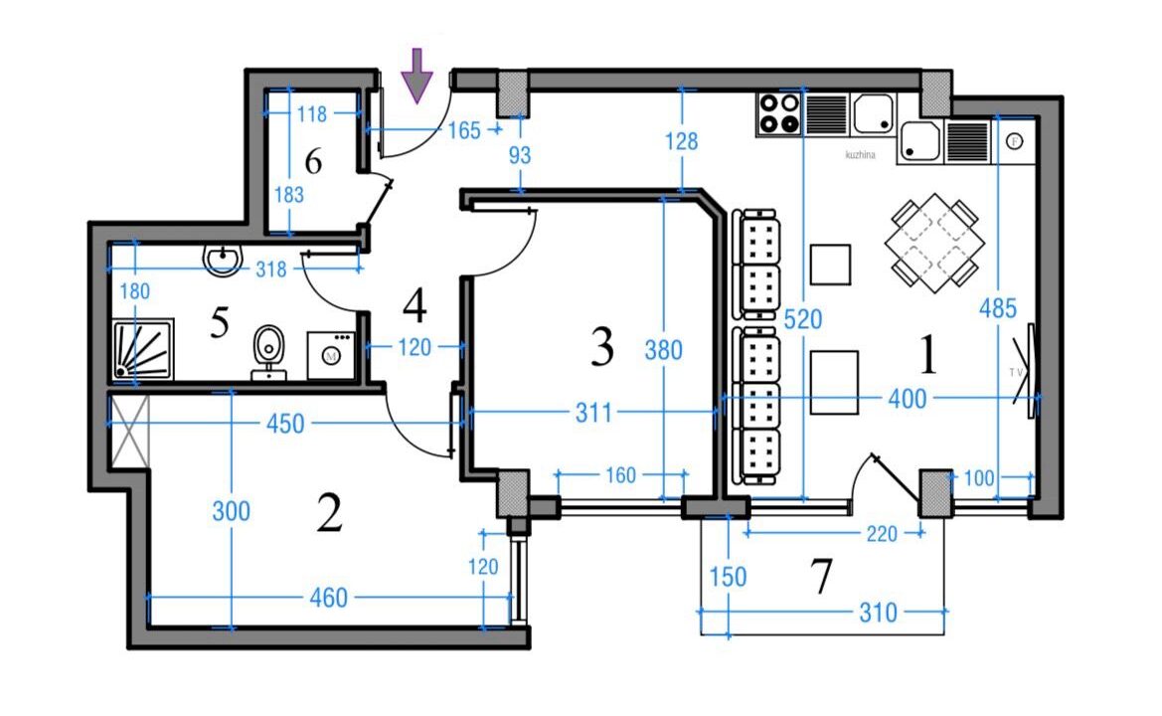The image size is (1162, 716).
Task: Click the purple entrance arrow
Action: click(x=417, y=75)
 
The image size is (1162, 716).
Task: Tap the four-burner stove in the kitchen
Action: click(x=778, y=113)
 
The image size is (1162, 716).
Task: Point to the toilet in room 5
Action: click(x=266, y=349)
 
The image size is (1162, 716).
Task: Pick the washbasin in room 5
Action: click(x=224, y=259)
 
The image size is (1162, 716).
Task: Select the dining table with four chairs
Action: click(x=932, y=242)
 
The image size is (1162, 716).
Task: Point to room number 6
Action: click(x=313, y=161)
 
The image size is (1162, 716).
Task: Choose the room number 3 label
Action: click(x=601, y=346)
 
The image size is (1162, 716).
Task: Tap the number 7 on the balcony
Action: click(x=821, y=578)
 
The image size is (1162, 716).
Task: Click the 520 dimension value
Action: click(x=802, y=320)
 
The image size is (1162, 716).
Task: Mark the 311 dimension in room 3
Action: click(x=593, y=412)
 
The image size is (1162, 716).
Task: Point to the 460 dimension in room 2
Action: click(x=328, y=598)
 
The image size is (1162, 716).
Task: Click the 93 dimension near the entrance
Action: click(x=520, y=155)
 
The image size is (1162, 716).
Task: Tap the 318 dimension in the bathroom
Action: click(x=270, y=269)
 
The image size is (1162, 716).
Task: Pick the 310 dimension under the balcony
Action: click(x=876, y=613)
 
